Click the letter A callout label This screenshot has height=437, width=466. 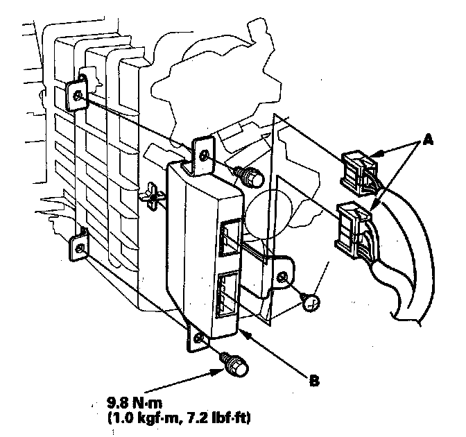pos(427,139)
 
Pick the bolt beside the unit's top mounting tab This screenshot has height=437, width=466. pos(250,177)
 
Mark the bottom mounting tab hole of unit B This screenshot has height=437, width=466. pos(200,338)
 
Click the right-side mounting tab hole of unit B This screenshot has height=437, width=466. pos(283,277)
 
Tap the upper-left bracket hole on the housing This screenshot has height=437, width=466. pos(78,95)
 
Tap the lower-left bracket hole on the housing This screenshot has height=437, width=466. pos(81,248)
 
